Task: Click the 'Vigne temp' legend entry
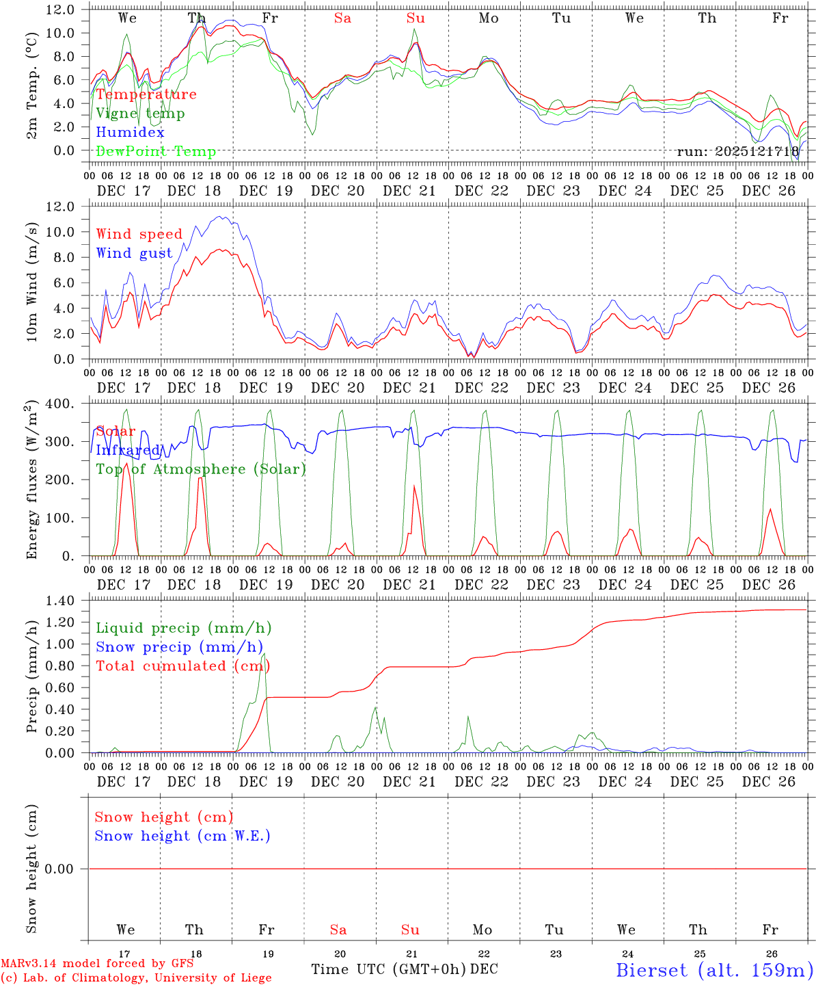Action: click(x=140, y=114)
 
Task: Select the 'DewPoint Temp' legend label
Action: click(x=156, y=152)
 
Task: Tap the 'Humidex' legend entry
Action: click(x=130, y=133)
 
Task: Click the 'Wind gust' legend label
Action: click(x=134, y=253)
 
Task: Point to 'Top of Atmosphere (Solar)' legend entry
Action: click(x=201, y=469)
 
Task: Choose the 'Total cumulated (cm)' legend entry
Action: click(x=183, y=666)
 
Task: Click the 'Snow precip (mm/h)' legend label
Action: click(x=179, y=647)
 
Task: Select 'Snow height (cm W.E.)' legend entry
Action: click(x=182, y=836)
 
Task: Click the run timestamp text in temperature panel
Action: click(x=737, y=152)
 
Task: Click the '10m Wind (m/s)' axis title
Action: click(x=31, y=280)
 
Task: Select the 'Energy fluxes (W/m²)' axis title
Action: click(x=31, y=480)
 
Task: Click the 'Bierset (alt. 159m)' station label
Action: click(x=713, y=970)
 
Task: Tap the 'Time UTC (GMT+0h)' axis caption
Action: click(x=388, y=969)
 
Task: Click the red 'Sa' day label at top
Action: click(x=342, y=18)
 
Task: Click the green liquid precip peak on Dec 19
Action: click(x=264, y=654)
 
